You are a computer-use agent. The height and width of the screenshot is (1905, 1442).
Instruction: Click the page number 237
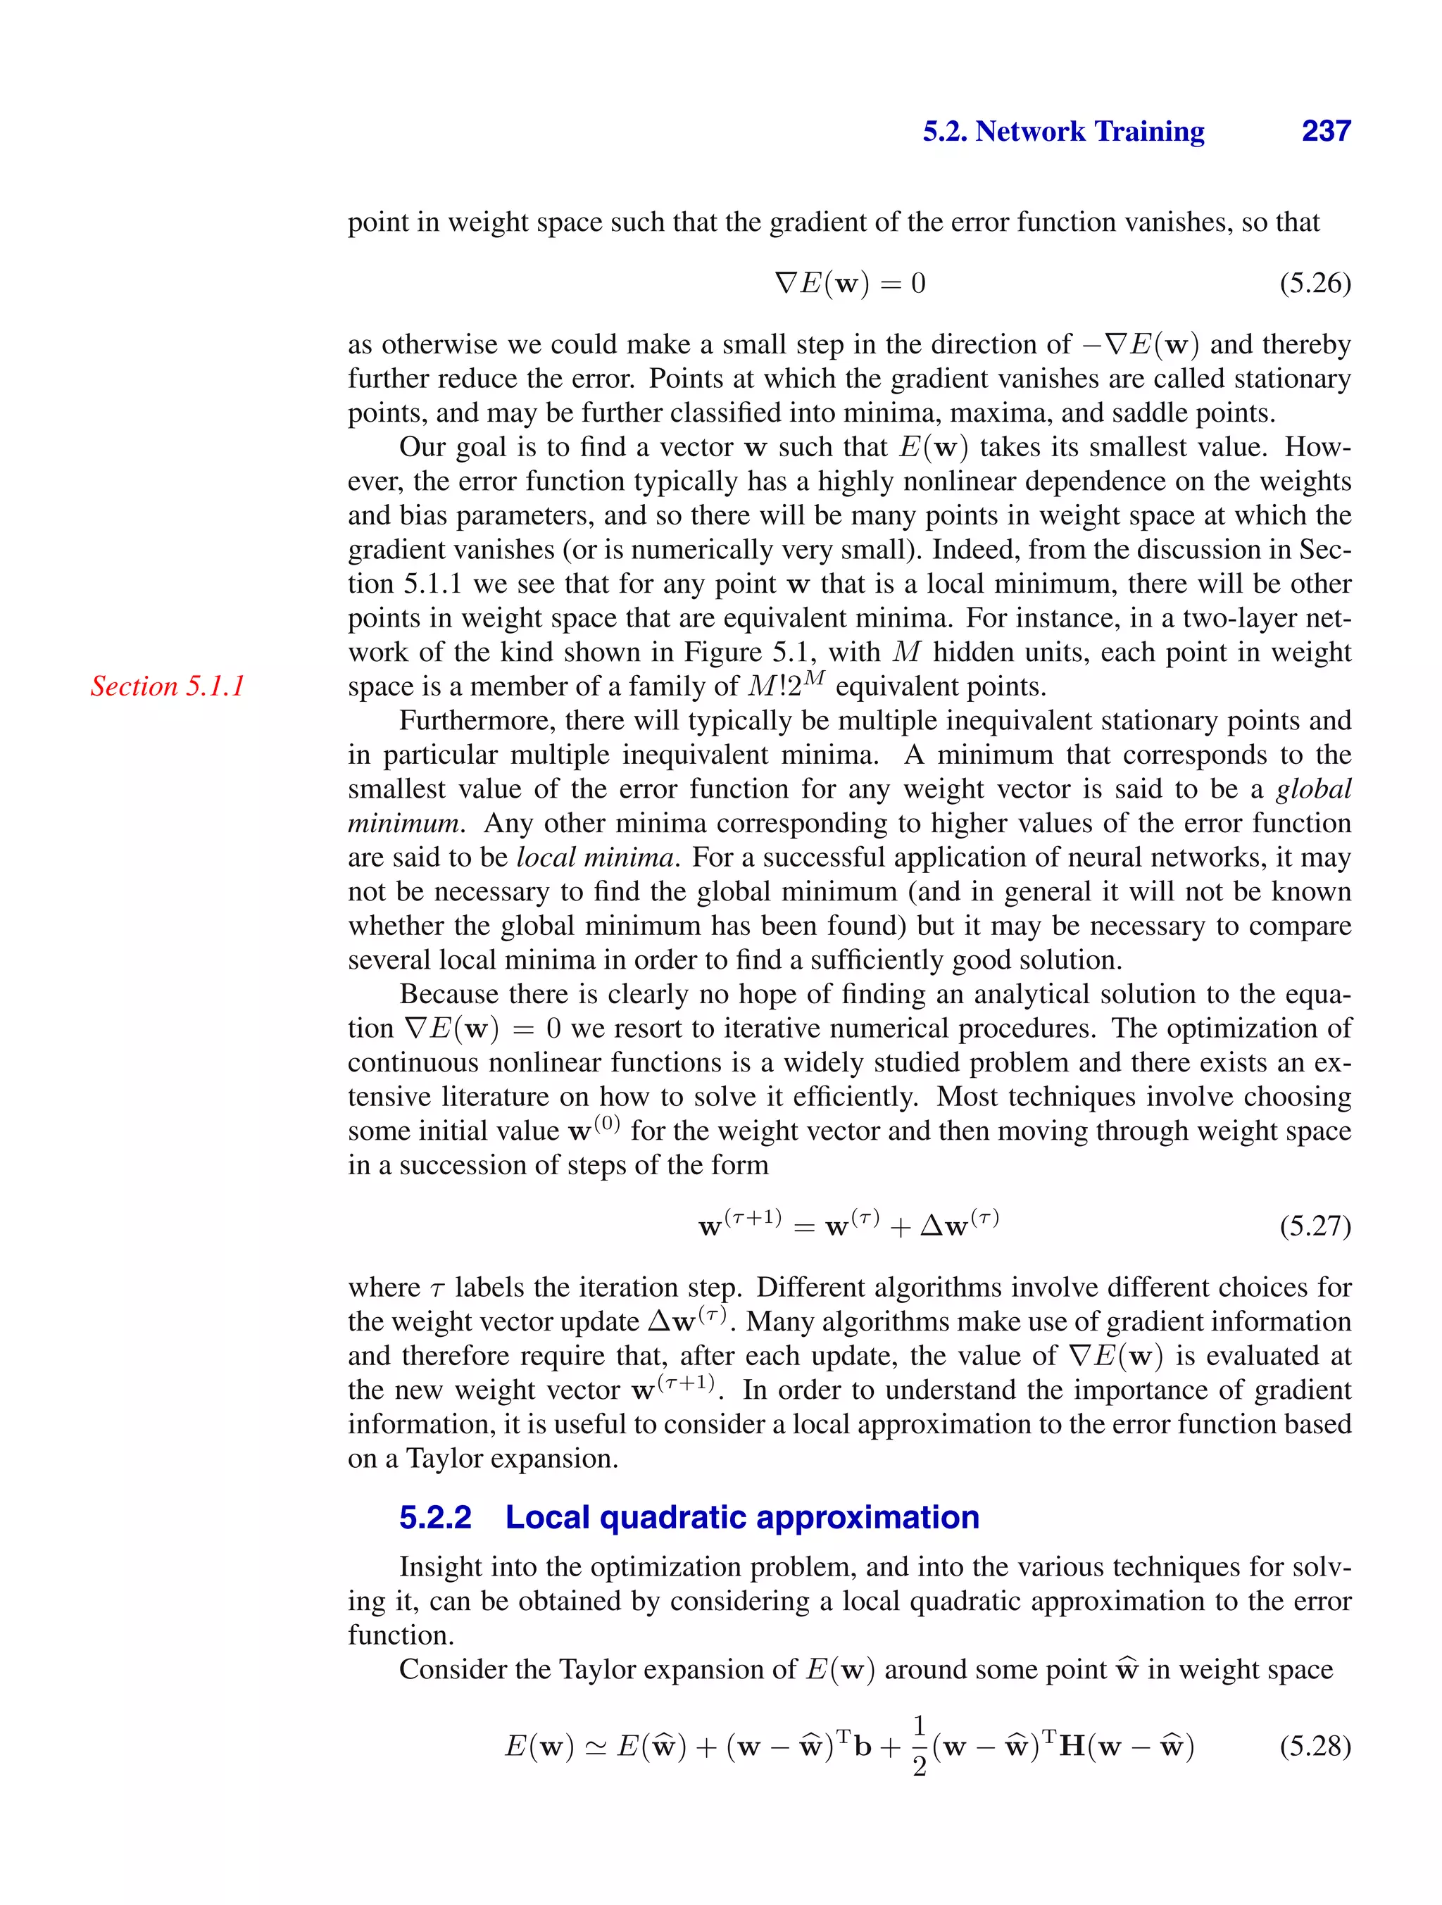(x=1326, y=131)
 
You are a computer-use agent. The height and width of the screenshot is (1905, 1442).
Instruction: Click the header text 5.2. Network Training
(x=1063, y=131)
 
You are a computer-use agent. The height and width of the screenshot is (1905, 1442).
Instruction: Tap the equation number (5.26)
(x=1315, y=282)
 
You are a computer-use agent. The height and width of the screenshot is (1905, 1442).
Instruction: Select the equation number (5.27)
(x=1315, y=1225)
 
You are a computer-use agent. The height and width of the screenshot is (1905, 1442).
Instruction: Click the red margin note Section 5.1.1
(x=168, y=686)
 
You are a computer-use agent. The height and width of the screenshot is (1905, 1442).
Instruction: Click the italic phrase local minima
(x=594, y=857)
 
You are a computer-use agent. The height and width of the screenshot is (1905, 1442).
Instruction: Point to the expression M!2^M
(x=786, y=685)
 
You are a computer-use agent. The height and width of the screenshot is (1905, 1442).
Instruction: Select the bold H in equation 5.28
(x=1072, y=1747)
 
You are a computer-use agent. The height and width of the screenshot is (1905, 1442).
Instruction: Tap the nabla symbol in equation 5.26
(x=786, y=282)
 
